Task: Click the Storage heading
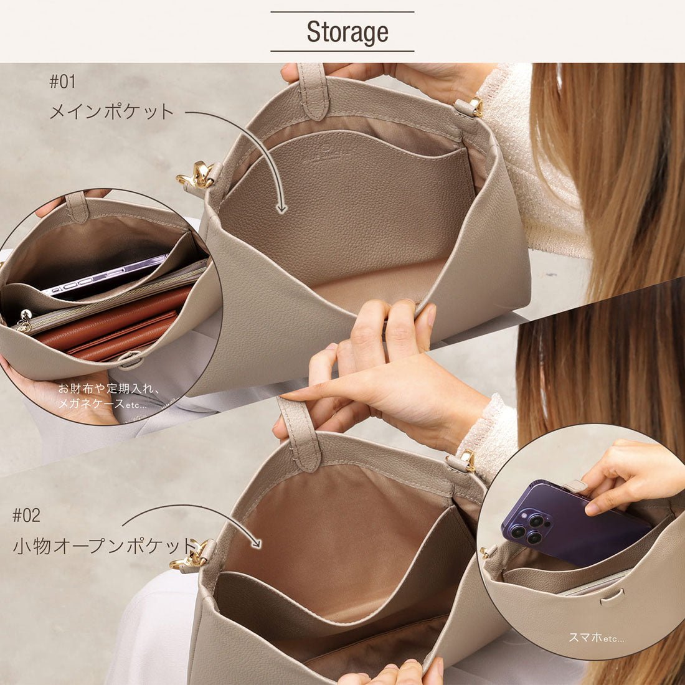[347, 32]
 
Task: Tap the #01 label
[62, 82]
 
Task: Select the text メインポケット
[111, 112]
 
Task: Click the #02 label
[26, 515]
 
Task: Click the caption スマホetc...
[596, 637]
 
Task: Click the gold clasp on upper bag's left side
[197, 176]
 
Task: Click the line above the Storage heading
[342, 12]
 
